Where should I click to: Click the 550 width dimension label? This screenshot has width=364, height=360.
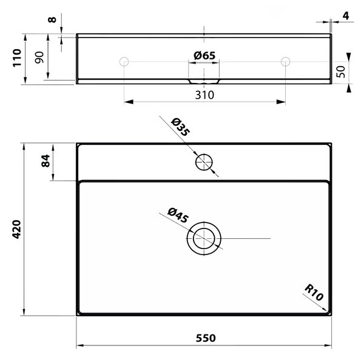pos(206,338)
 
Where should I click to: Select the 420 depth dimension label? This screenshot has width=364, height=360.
pos(17,229)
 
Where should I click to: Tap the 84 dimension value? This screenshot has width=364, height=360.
pos(45,161)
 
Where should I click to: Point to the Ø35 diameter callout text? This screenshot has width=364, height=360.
pos(180,127)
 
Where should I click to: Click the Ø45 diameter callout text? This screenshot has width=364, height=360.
pos(178,216)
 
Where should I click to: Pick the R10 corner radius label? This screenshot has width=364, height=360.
pos(314,292)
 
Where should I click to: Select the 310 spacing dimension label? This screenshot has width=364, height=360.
pos(204,95)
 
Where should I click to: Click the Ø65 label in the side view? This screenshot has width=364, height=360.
pos(204,55)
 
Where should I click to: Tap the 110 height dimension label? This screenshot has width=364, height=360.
pos(17,58)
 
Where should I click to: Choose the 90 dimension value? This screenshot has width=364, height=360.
pos(39,58)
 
